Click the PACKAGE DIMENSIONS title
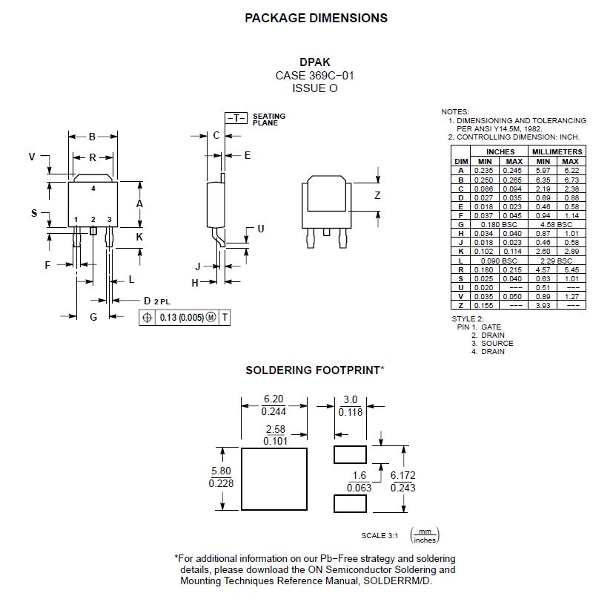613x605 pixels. click(316, 18)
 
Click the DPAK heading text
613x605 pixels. click(315, 63)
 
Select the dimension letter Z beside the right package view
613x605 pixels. click(377, 196)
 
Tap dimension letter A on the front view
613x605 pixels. click(139, 203)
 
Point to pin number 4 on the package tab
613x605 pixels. click(93, 189)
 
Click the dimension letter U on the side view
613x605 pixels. click(260, 229)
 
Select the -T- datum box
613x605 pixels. click(236, 118)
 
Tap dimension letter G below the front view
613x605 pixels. click(93, 317)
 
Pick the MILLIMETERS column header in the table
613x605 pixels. click(557, 152)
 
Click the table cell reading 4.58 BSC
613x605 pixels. click(557, 224)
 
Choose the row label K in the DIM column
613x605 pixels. click(461, 252)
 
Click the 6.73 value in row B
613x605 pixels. click(571, 180)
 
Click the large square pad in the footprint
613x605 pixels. click(274, 479)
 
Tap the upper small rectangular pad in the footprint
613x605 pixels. click(350, 453)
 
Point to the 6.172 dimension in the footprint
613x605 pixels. click(403, 475)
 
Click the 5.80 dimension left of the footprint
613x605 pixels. click(220, 471)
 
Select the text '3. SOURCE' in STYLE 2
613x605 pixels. click(492, 343)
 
